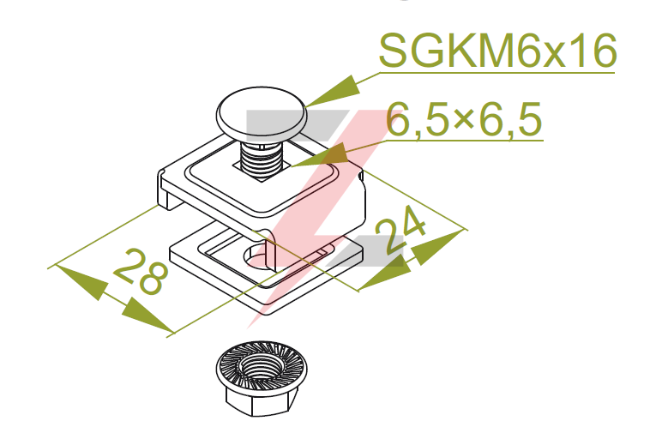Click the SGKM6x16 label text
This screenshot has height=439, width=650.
pos(497,51)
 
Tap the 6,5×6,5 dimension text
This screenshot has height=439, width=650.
pos(464,119)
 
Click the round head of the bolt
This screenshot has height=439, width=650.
pos(262,113)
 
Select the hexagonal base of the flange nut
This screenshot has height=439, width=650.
pos(262,401)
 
